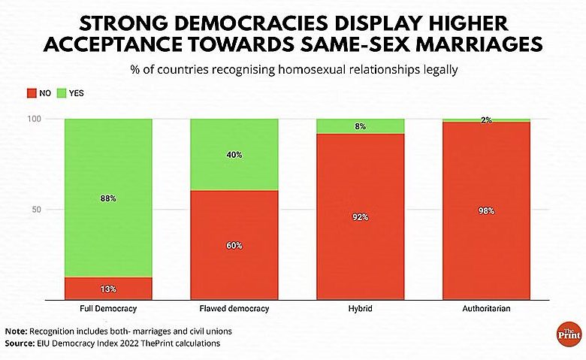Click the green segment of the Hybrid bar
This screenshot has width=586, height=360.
(x=361, y=126)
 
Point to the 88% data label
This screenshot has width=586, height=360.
(x=108, y=198)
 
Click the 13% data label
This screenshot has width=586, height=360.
(x=108, y=289)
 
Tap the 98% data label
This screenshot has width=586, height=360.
(x=487, y=211)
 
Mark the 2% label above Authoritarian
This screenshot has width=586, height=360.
(x=487, y=120)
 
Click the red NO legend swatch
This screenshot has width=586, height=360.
(x=32, y=93)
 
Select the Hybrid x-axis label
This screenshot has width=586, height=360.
(x=361, y=309)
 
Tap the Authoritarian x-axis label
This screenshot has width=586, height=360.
(x=487, y=309)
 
